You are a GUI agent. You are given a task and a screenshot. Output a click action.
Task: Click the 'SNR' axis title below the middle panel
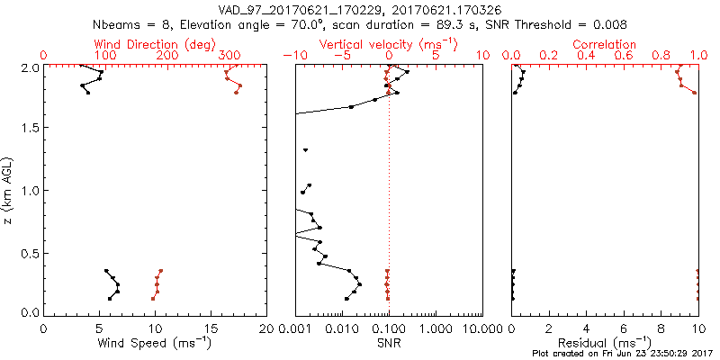[x=388, y=342]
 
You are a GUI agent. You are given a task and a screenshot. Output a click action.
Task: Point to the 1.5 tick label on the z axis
[x=28, y=129]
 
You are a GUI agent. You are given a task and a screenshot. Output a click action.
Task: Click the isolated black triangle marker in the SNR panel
[x=306, y=150]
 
